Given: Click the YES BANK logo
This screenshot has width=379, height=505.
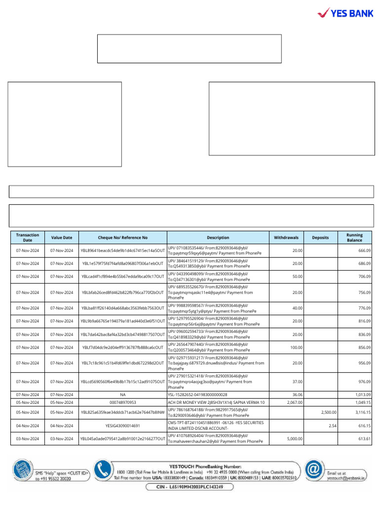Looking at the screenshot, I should click(x=345, y=13).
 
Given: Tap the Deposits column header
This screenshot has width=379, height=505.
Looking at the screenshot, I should click(x=320, y=237).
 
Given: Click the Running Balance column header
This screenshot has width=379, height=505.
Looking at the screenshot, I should click(x=354, y=237).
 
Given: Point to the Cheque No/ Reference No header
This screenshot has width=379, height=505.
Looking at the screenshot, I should click(x=123, y=237).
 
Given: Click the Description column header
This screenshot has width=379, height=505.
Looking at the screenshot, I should click(x=218, y=237).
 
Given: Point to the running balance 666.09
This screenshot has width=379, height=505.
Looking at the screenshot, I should click(x=364, y=251).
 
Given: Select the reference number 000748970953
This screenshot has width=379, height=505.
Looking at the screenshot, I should click(x=123, y=402).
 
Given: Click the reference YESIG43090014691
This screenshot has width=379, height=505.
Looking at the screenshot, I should click(x=123, y=426).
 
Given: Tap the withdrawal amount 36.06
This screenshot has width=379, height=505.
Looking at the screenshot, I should click(x=297, y=395).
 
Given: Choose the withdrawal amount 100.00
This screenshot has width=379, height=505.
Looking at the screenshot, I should click(x=296, y=347).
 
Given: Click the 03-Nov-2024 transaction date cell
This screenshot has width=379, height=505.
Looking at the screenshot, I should click(x=28, y=439).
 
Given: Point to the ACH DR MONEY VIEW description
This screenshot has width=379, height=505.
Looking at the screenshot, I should click(x=216, y=402).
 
